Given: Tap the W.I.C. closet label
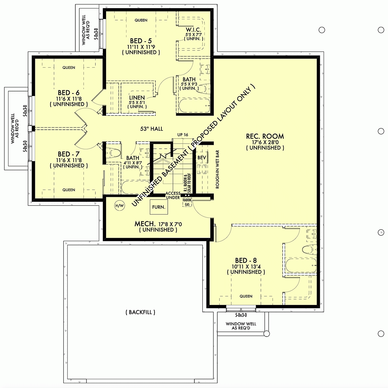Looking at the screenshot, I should pyautogui.click(x=194, y=29).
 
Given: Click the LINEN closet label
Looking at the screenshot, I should pyautogui.click(x=137, y=98).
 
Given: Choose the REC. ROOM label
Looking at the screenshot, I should pyautogui.click(x=265, y=136).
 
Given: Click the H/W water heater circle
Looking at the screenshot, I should pyautogui.click(x=119, y=205).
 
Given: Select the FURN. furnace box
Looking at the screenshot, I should pyautogui.click(x=159, y=207).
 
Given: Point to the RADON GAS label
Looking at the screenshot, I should pyautogui.click(x=187, y=202).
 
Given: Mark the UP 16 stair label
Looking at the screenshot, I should pyautogui.click(x=183, y=135).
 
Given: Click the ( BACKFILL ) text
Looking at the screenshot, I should pyautogui.click(x=140, y=312).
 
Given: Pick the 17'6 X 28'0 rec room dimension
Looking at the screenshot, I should pyautogui.click(x=265, y=142).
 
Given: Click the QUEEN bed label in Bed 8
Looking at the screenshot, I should pyautogui.click(x=246, y=296).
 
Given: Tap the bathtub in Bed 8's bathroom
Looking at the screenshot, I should pyautogui.click(x=301, y=266).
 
